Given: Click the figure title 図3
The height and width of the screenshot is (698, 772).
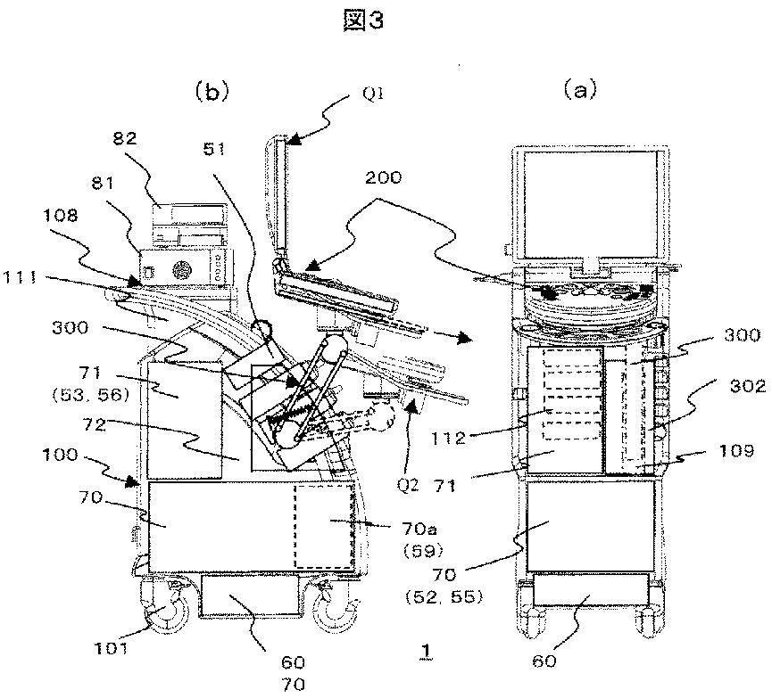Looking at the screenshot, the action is (363, 21).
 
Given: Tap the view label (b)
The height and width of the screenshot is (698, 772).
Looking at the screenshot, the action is (212, 92).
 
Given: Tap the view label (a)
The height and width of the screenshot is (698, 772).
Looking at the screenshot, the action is (580, 90).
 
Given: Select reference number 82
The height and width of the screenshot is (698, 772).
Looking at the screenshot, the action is (125, 138).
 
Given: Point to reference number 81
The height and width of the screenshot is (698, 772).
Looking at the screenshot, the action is (103, 184).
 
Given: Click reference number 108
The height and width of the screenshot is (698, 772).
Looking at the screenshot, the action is (60, 215).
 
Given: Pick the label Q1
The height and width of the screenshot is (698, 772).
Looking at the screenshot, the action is (373, 94).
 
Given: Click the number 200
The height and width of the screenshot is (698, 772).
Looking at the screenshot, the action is (383, 177).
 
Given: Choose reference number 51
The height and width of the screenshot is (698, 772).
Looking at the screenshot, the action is (214, 149).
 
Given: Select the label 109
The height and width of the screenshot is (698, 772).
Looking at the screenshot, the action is (736, 450).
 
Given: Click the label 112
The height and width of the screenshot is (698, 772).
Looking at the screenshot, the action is (447, 438).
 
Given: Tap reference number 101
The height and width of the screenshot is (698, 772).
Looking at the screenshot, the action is (112, 649).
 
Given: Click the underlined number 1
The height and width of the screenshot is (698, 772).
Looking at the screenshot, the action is (427, 651).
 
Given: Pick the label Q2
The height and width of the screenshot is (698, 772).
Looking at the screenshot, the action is (409, 486).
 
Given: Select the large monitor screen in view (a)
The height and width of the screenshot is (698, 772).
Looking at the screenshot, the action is (589, 205).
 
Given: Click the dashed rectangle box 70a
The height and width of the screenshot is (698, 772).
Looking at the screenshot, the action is (325, 526).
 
